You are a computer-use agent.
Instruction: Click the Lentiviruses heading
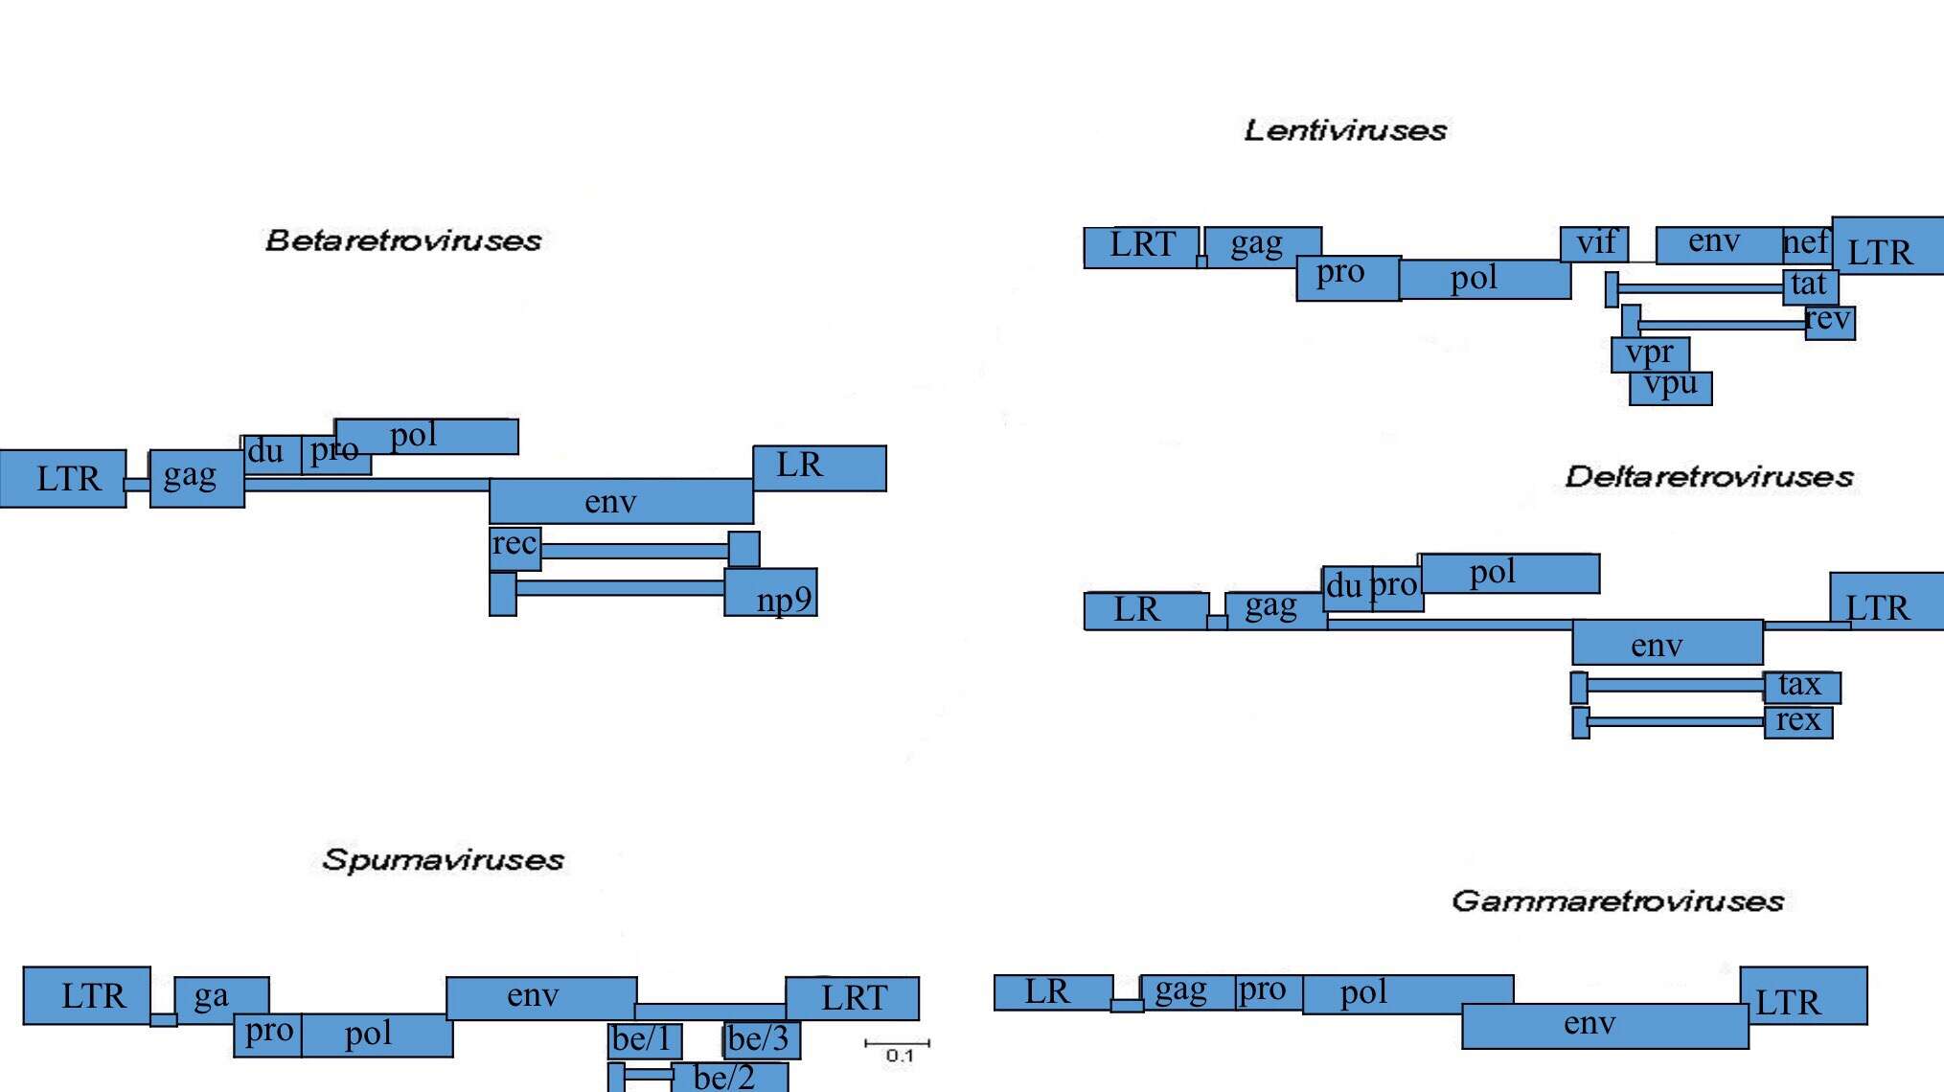coord(1345,130)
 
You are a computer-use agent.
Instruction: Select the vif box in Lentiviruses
coord(1594,244)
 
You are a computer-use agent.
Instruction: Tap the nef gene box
coord(1807,243)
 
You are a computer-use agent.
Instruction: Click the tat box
coord(1810,285)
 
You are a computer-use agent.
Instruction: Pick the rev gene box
coord(1830,322)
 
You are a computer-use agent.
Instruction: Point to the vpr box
coord(1650,354)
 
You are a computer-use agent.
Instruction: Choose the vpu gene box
coord(1671,387)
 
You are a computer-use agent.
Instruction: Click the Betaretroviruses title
coord(403,240)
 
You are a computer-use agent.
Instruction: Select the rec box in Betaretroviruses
coord(515,548)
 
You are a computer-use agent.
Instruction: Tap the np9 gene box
coord(771,593)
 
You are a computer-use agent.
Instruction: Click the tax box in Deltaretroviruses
coord(1801,687)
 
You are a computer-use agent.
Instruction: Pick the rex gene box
coord(1798,721)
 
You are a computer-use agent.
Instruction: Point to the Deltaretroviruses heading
coord(1709,477)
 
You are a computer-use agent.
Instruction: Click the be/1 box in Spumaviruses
coord(645,1040)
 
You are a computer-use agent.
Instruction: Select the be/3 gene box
coord(762,1040)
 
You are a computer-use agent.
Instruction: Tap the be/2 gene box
coord(730,1077)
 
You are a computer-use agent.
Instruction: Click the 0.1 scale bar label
coord(900,1056)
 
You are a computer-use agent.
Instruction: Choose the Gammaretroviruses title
coord(1617,901)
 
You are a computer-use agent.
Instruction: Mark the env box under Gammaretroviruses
coord(1606,1026)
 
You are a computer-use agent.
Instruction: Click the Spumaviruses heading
coord(443,860)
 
